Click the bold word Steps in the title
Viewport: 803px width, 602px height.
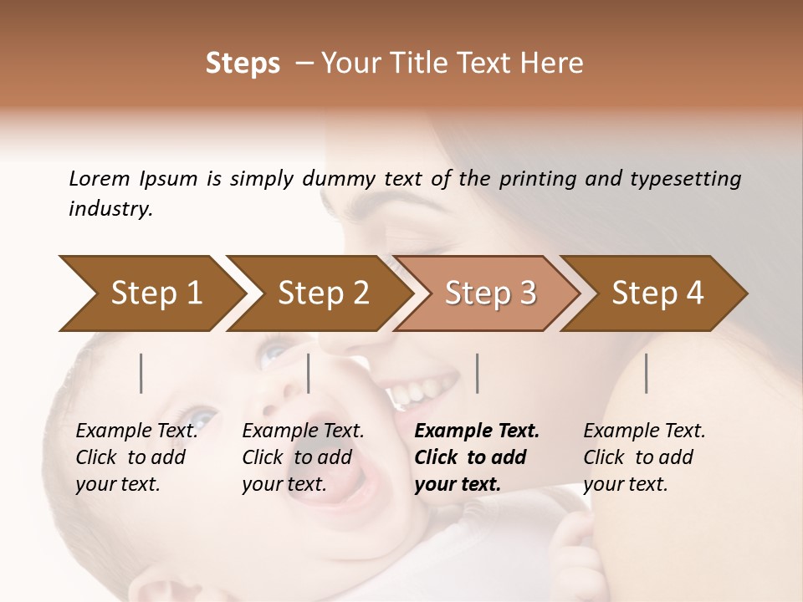coord(243,64)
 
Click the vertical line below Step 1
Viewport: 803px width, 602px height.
coord(141,373)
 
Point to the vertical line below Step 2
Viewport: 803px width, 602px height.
coord(309,373)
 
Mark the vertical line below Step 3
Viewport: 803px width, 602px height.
coord(477,373)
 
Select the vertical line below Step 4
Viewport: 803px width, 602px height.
coord(646,373)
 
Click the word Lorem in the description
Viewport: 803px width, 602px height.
coord(99,178)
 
